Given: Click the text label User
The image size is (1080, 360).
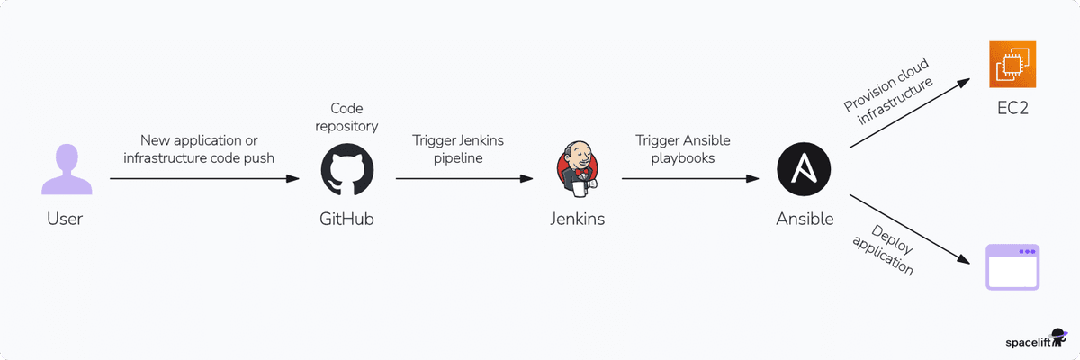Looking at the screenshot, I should pos(65,219).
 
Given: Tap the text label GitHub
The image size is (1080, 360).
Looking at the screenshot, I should pos(347,219).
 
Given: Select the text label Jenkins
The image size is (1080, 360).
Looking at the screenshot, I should pos(577,219).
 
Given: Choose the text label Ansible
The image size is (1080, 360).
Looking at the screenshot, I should pos(805,219).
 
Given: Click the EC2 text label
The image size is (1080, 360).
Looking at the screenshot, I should pos(1012,109).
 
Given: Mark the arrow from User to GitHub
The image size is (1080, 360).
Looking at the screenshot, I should pos(204,179).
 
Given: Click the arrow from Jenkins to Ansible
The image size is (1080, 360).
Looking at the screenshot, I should pos(689,179).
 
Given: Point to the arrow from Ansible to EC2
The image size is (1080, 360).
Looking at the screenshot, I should pos(909,113).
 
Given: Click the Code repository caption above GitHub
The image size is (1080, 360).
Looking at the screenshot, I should pos(347,117).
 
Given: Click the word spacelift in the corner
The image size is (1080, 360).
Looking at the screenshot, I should pos(1030,342).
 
